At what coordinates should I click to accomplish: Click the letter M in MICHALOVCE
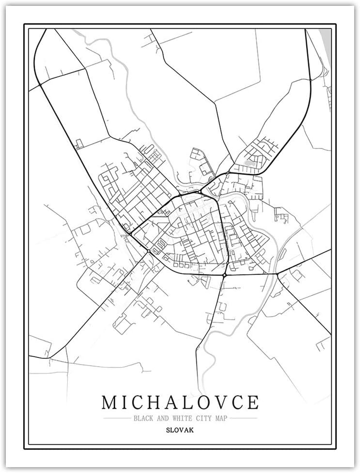point(110,402)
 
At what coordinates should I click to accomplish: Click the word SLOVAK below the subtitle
point(180,429)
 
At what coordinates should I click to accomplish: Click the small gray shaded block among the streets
point(250,163)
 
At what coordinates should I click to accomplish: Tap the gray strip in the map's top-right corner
point(327,41)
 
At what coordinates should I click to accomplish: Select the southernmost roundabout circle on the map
point(225,275)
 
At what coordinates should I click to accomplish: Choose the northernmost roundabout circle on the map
point(228,172)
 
